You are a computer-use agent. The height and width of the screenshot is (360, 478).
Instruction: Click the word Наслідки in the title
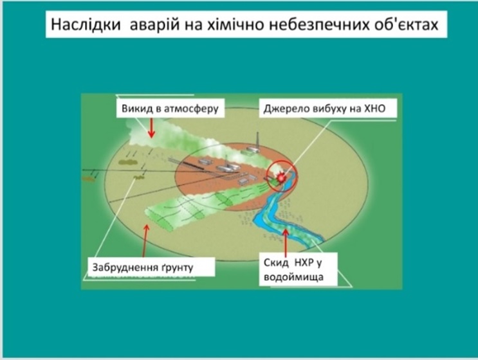click(86, 24)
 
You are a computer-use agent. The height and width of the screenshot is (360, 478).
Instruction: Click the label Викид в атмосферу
click(170, 109)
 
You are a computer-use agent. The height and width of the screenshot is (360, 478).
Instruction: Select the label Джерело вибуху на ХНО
click(324, 109)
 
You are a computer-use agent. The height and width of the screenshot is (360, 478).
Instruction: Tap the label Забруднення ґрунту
click(143, 267)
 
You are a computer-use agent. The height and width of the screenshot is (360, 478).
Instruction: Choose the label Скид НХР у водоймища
click(293, 270)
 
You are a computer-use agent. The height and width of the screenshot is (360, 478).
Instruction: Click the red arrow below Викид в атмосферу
click(152, 127)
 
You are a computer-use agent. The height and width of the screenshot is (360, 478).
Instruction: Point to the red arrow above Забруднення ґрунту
click(145, 240)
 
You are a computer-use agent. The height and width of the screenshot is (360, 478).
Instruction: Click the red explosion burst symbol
click(281, 177)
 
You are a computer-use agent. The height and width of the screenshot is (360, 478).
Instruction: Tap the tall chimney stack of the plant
click(258, 140)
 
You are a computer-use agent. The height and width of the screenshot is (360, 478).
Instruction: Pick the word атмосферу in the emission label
click(192, 109)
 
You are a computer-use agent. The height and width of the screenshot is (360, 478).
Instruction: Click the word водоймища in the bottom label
click(293, 277)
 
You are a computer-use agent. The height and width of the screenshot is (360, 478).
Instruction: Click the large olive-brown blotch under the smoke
click(128, 163)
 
